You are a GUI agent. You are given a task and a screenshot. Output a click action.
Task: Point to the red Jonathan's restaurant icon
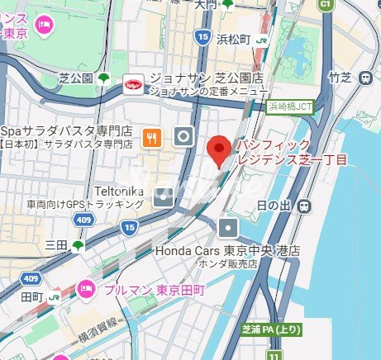coord(131,83)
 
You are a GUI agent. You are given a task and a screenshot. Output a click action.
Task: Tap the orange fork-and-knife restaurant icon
coord(150,140)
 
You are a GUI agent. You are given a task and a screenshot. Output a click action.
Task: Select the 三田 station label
coord(55,244)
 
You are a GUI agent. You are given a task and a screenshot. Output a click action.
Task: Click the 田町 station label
coord(31,296)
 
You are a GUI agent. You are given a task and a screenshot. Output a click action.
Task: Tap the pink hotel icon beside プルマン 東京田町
coord(85,289)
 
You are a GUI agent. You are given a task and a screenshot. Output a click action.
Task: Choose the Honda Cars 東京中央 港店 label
coord(227,250)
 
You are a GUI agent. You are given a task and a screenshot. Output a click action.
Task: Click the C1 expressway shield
coord(325,4)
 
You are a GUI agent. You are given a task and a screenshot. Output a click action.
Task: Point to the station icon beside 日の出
coord(305,204)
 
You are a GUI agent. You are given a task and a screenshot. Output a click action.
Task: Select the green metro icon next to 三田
coord(79,244)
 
